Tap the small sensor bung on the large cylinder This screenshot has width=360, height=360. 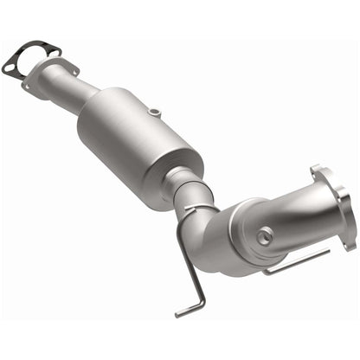[x=153, y=112]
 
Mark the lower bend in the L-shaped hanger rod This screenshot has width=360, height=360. [x=204, y=300]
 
